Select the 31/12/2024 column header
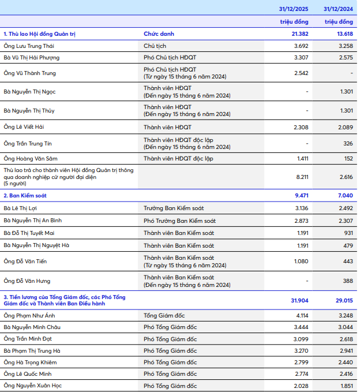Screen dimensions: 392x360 coord(338,9)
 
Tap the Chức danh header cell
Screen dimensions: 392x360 coord(159,34)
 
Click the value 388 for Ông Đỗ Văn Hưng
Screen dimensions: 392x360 coord(347,281)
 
